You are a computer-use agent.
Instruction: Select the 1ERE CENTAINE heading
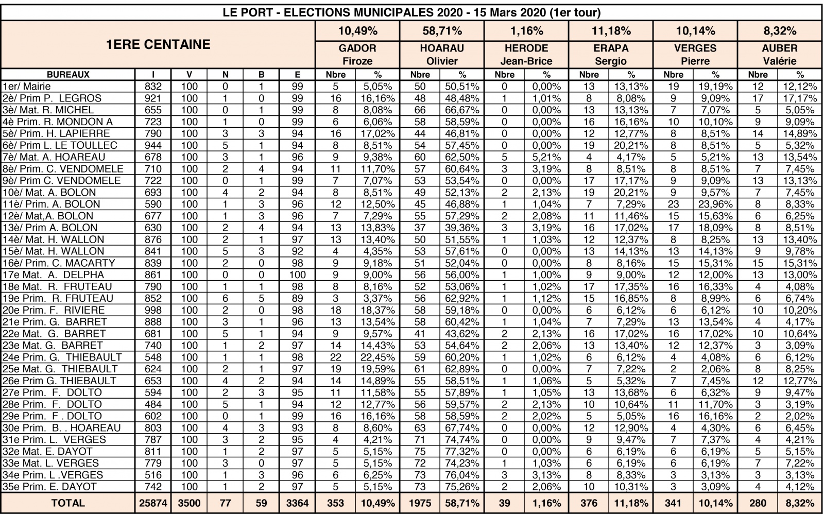click(x=158, y=44)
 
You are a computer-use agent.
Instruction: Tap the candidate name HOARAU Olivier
click(x=442, y=55)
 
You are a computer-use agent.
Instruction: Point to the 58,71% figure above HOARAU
click(x=442, y=31)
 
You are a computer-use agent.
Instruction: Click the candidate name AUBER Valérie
click(x=780, y=55)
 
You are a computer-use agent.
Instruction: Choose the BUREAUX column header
click(x=68, y=75)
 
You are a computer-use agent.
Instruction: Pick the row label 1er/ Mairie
click(x=27, y=87)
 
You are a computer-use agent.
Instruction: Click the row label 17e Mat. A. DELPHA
click(x=54, y=275)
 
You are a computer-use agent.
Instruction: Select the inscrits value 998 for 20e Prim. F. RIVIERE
click(x=153, y=310)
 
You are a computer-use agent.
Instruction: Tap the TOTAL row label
click(x=68, y=503)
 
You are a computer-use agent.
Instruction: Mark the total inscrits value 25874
click(x=153, y=503)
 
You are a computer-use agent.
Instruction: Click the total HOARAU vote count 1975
click(x=420, y=503)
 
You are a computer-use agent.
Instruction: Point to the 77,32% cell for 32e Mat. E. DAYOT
click(x=462, y=452)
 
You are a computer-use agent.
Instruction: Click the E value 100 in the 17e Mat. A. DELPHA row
click(x=297, y=275)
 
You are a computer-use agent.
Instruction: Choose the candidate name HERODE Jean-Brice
click(x=526, y=55)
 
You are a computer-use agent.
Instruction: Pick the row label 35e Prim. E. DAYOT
click(x=49, y=487)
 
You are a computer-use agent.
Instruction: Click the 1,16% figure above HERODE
click(x=526, y=31)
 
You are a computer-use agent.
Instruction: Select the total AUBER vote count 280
click(x=758, y=503)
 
